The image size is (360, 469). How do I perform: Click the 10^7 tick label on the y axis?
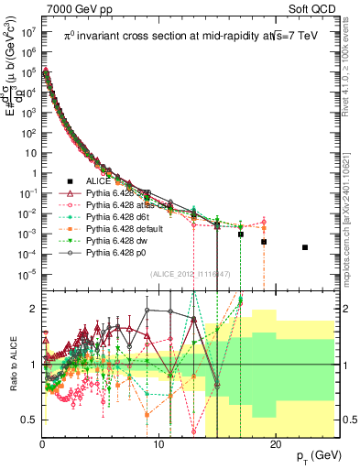click(x=29, y=29)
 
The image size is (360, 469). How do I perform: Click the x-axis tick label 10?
click(x=158, y=444)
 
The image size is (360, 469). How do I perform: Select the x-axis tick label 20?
click(x=273, y=444)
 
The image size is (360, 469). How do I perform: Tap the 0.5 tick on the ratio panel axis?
click(x=30, y=420)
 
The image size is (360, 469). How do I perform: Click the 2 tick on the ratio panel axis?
click(x=34, y=308)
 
